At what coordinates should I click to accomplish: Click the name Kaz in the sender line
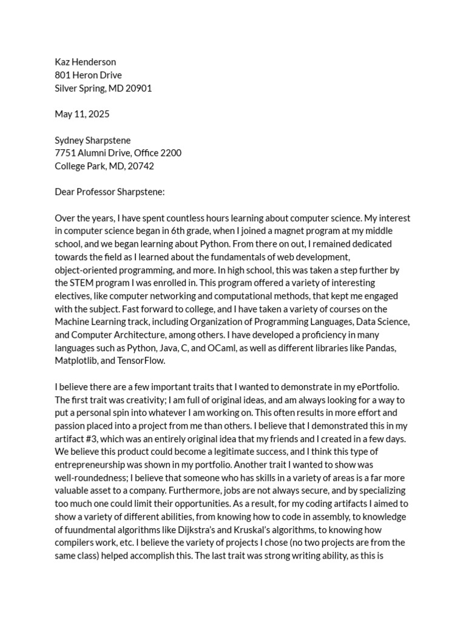[63, 62]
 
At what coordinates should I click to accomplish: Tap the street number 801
[63, 75]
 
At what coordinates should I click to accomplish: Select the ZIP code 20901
[138, 88]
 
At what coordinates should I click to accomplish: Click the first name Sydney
[70, 140]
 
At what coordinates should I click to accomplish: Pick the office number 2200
[169, 153]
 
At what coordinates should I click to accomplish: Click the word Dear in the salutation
[65, 192]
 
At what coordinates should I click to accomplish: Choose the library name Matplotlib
[77, 361]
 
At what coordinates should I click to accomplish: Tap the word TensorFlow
[141, 361]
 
